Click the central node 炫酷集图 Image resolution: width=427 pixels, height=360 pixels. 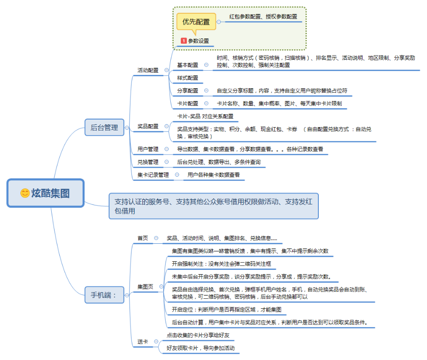46,193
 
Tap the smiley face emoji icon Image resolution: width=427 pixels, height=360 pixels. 25,193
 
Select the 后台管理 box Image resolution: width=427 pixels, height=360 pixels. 104,127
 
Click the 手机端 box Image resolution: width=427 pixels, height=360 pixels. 104,295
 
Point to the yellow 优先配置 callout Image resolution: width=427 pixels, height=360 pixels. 196,22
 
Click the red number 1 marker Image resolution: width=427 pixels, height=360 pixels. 184,41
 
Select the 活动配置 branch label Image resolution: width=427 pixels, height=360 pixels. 148,70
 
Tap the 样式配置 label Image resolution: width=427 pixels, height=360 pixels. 187,78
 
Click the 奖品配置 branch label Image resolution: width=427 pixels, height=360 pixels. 148,126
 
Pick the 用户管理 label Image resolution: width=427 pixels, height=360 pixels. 148,149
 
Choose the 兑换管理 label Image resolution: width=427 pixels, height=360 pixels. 148,162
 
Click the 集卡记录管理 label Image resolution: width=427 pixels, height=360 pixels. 153,175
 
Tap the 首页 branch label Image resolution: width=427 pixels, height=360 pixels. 143,238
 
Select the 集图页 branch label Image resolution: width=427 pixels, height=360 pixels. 146,286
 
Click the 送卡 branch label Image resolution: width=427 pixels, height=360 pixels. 143,342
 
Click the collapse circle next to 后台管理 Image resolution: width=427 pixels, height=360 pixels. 127,128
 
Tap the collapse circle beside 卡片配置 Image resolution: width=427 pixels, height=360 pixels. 206,103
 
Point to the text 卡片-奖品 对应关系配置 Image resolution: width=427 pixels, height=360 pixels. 205,116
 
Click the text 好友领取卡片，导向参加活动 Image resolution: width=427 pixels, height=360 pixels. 201,348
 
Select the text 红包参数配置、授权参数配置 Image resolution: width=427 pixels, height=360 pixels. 263,17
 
